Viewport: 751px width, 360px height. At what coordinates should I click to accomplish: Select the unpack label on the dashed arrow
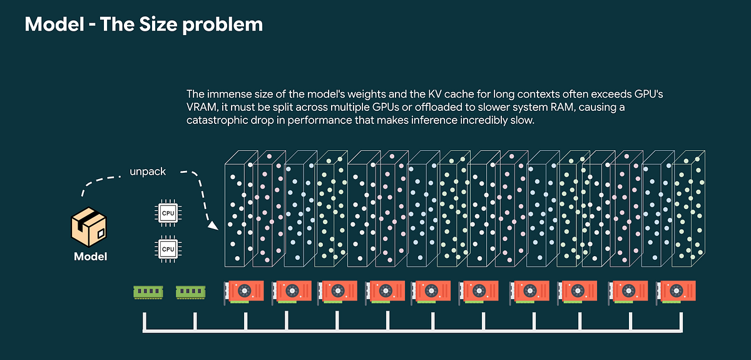point(148,171)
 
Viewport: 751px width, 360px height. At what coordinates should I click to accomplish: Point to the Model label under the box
point(90,256)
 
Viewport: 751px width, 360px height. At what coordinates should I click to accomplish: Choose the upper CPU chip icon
point(168,213)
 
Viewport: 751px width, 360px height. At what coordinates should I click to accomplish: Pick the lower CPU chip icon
point(168,249)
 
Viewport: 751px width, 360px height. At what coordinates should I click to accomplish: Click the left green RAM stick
point(148,292)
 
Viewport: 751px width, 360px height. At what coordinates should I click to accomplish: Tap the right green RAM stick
point(190,292)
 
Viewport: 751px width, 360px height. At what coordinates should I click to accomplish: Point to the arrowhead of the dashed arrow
point(213,226)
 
